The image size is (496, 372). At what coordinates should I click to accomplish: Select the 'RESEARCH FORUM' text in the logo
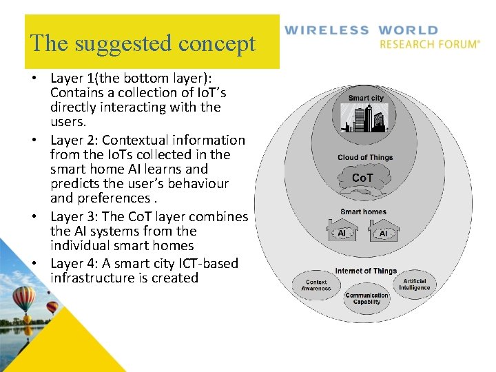429,44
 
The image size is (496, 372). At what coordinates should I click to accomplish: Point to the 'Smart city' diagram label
366,98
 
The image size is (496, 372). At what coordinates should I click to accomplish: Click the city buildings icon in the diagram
366,118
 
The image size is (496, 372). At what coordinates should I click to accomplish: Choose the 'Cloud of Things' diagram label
365,158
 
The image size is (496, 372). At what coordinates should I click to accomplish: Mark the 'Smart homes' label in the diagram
363,211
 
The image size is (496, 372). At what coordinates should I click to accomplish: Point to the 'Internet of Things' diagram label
366,271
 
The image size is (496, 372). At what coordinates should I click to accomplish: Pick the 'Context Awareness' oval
316,285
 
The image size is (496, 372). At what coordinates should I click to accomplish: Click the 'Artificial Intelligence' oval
415,284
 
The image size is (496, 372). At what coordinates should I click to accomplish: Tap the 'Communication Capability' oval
366,298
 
